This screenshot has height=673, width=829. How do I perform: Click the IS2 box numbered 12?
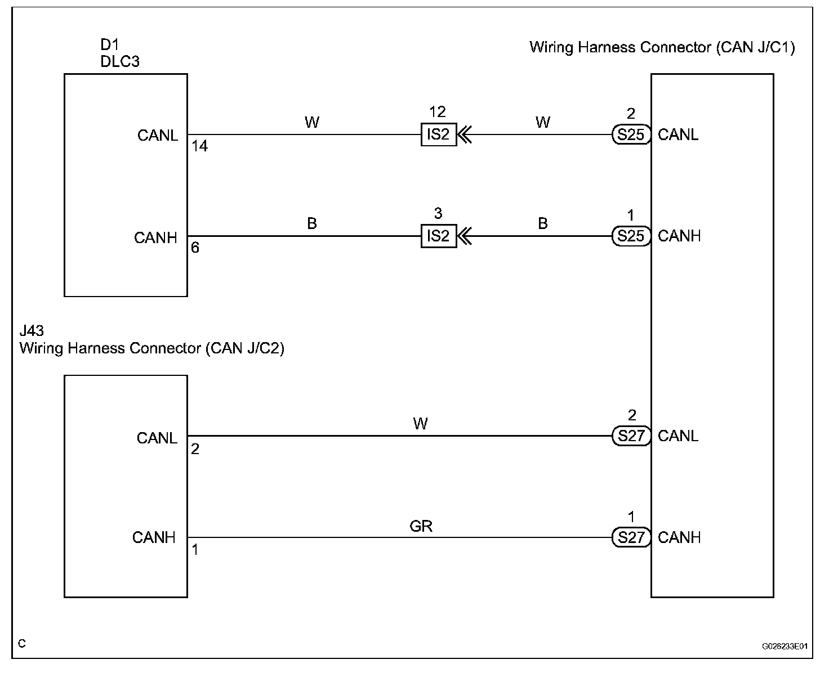click(438, 135)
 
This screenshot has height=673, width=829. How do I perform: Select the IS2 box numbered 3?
click(438, 236)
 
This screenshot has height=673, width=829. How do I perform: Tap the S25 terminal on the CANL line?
click(631, 135)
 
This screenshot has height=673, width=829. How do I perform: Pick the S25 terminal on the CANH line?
click(631, 236)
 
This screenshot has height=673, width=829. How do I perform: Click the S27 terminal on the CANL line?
click(631, 436)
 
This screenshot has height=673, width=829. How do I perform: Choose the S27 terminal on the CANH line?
click(631, 537)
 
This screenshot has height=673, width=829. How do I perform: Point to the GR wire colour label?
click(421, 526)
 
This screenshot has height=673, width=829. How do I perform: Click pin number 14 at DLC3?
click(199, 147)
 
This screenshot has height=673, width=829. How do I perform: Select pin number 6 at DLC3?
click(195, 248)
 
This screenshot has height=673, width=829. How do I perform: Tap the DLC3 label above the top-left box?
click(119, 61)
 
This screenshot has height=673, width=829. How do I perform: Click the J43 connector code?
click(32, 331)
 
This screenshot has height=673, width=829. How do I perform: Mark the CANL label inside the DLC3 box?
click(158, 136)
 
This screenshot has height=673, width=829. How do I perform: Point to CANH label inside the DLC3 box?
click(155, 238)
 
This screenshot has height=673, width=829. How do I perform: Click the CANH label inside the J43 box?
click(154, 538)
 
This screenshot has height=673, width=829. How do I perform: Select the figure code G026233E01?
click(785, 647)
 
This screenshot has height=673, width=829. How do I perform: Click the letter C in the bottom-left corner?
click(22, 644)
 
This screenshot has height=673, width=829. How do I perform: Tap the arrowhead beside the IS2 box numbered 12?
click(465, 135)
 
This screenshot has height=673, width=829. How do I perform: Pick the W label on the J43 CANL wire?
click(420, 424)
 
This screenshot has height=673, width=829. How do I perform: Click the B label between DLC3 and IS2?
click(312, 224)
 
